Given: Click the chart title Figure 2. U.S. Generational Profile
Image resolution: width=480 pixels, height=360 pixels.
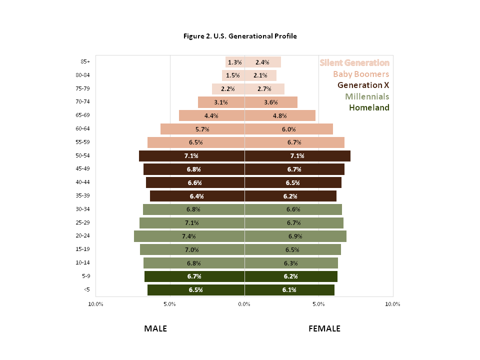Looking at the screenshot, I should tap(240, 36).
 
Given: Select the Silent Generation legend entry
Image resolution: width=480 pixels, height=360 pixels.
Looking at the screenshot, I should tap(354, 62).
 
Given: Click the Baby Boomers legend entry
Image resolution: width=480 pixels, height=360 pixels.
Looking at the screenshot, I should tap(361, 74).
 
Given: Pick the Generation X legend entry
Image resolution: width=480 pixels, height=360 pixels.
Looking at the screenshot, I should tap(363, 85).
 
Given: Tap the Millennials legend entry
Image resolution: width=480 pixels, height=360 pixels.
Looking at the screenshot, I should tap(367, 96).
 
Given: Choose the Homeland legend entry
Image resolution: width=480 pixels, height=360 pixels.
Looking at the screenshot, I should tap(369, 107).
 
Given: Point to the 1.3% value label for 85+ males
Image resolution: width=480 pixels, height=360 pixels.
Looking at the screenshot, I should tap(234, 62).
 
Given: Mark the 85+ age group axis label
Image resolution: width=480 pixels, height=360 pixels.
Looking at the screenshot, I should tap(85, 62).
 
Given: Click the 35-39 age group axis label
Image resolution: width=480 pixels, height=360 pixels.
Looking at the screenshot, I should tap(83, 196).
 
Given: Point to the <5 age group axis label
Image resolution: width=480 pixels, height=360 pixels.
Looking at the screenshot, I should tap(86, 289).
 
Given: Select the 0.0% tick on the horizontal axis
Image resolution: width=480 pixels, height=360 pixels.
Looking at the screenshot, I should tap(244, 304).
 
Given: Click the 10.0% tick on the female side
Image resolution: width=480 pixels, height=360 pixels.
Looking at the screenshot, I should tap(392, 304).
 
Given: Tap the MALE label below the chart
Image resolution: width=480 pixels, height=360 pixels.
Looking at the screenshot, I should tap(155, 328).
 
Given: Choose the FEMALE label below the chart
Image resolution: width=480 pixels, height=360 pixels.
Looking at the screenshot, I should tap(324, 328).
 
